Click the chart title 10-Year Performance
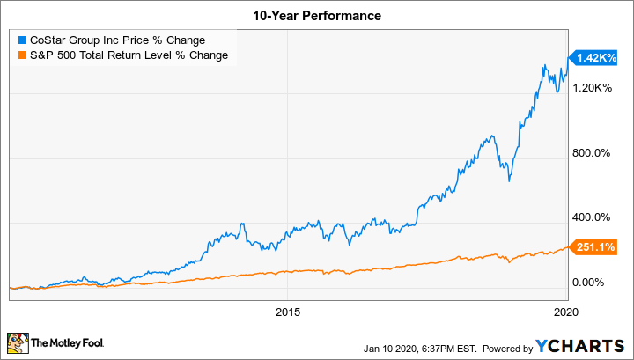pos(316,16)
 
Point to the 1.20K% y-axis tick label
pos(591,87)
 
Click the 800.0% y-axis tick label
pos(591,152)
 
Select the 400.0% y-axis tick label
pos(591,217)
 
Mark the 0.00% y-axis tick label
pos(588,282)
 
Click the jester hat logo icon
pos(18,341)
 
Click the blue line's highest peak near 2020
pos(546,66)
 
